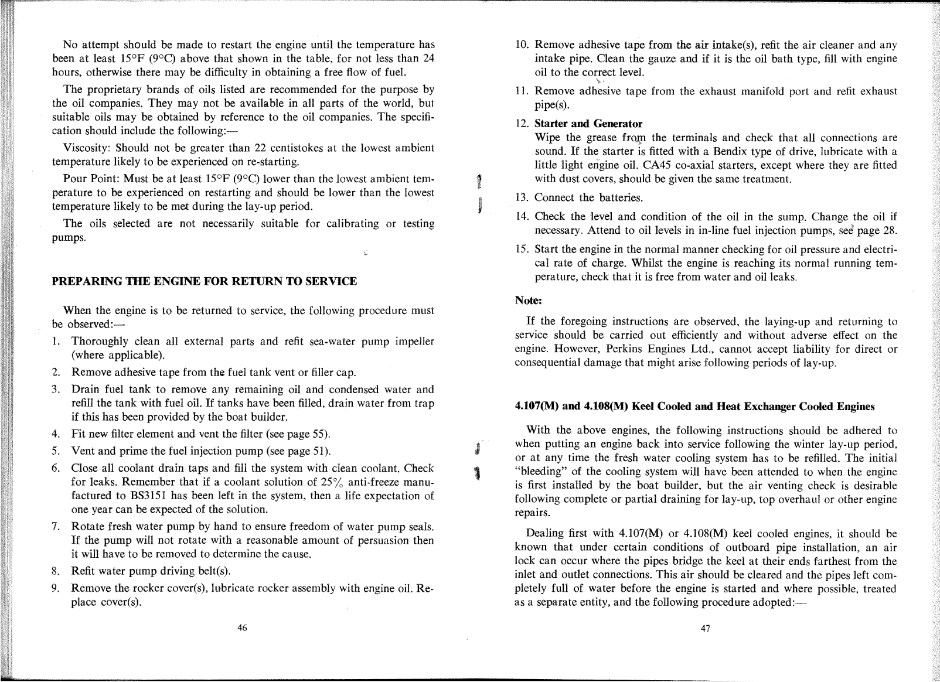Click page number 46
tap(242, 628)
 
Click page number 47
tap(706, 628)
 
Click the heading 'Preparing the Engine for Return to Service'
tap(205, 281)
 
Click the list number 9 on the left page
tap(54, 588)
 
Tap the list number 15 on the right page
tap(522, 248)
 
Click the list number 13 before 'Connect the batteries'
tap(522, 197)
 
